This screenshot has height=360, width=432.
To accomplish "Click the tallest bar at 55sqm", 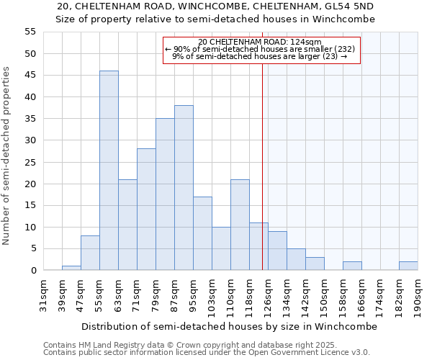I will [109, 171].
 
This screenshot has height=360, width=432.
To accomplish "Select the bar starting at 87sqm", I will [184, 188].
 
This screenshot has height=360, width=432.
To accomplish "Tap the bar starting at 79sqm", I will [165, 194].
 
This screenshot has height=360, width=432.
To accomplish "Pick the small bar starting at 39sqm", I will [71, 268].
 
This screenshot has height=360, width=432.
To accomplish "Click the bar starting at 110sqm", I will [240, 225].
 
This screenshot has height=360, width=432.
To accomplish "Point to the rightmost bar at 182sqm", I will [408, 266].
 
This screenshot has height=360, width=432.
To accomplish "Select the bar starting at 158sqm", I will [352, 266].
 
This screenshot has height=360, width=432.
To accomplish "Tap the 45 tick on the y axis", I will [30, 76].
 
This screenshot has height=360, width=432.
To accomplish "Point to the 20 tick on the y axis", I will [30, 184].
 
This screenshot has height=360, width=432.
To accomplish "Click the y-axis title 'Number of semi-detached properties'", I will [7, 156].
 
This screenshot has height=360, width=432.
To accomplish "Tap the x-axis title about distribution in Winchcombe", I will [229, 326].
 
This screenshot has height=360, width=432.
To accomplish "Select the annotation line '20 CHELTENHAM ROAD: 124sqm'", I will [260, 42].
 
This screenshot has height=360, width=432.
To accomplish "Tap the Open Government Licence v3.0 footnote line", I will [207, 353].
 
